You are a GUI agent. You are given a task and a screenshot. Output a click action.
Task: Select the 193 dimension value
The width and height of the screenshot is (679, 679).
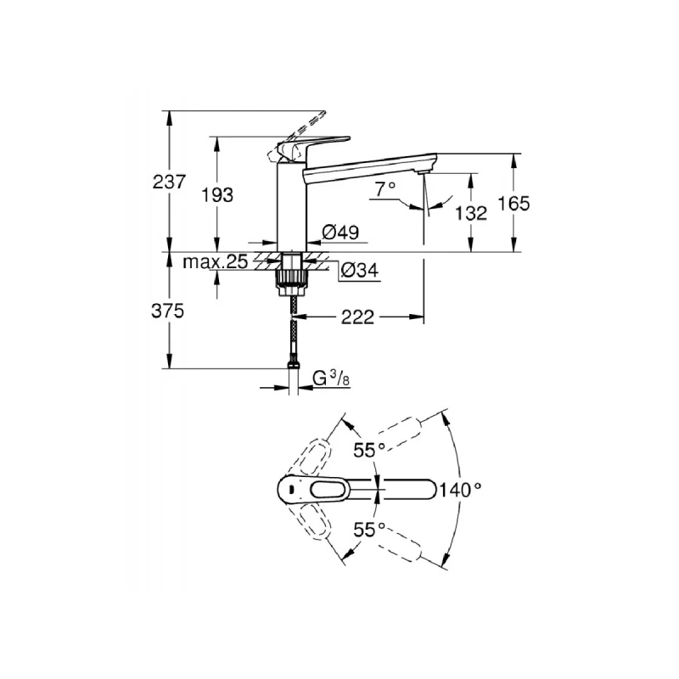tap(217, 194)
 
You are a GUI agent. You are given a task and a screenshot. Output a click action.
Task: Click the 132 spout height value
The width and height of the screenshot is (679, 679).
tap(472, 213)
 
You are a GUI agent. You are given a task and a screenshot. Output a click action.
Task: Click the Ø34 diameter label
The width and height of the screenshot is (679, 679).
tap(359, 271)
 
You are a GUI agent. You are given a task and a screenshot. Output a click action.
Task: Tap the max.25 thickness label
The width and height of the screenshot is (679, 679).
tap(216, 262)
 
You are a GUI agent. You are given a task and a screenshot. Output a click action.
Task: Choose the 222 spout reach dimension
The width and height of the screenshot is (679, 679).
tap(359, 317)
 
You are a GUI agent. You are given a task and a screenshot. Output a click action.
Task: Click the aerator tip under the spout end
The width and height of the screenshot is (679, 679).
tap(421, 172)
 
